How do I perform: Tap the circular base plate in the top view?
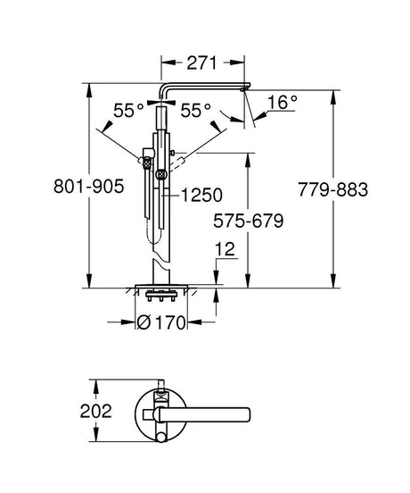click(160, 412)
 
